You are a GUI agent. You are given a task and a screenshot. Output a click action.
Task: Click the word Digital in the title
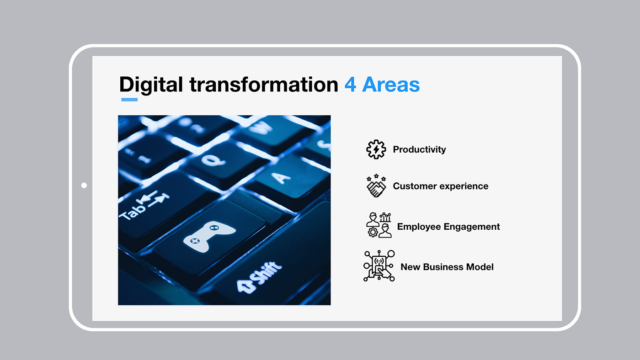(x=151, y=85)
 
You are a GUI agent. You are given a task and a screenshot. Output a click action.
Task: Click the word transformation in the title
(x=264, y=85)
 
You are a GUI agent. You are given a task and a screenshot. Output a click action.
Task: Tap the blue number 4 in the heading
(x=350, y=85)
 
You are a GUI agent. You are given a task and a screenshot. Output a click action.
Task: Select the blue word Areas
(x=391, y=85)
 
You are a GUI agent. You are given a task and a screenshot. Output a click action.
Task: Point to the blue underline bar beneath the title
(x=129, y=100)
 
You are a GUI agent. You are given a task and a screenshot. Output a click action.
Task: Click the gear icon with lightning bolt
(x=376, y=149)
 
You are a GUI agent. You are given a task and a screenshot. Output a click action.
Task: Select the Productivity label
(x=419, y=149)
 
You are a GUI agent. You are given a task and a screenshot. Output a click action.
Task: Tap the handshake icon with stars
(x=376, y=185)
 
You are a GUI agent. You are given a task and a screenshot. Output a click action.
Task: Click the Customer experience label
(x=441, y=186)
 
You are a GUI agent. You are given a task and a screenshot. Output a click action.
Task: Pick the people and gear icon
(x=379, y=225)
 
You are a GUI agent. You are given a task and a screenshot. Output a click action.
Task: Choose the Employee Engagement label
(x=448, y=227)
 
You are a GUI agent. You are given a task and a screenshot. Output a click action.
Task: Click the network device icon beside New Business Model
(x=379, y=266)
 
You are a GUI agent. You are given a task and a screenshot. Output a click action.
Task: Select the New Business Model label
(x=447, y=267)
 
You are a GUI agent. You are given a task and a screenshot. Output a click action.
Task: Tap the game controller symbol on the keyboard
(x=209, y=236)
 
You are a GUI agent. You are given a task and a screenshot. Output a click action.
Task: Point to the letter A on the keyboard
(x=282, y=178)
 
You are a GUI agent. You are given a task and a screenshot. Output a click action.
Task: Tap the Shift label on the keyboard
(x=259, y=277)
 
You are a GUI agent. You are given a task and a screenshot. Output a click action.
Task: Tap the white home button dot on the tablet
(x=84, y=185)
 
